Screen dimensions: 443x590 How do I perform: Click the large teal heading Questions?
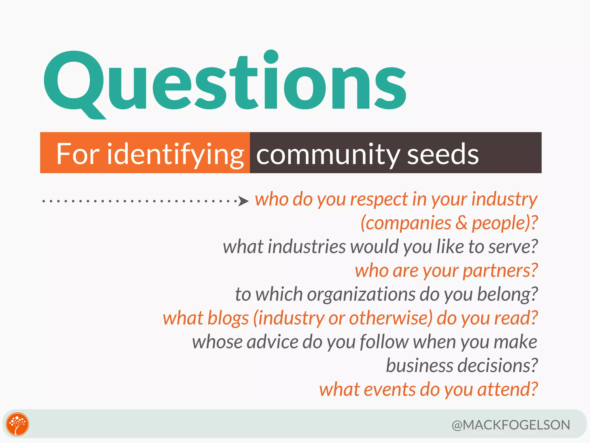[x=225, y=82]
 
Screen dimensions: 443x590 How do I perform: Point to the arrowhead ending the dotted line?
[x=244, y=201]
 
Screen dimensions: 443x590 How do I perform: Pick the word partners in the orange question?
[x=500, y=271]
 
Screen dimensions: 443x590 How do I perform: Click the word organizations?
[x=361, y=294]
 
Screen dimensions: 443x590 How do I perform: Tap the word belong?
[x=507, y=294]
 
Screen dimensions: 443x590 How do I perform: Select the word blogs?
[x=228, y=318]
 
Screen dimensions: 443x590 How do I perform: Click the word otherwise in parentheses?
[x=390, y=318]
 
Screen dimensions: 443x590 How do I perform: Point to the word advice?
[x=272, y=342]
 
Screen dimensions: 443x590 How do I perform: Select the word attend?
[x=507, y=389]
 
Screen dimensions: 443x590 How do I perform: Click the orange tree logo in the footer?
[x=18, y=424]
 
